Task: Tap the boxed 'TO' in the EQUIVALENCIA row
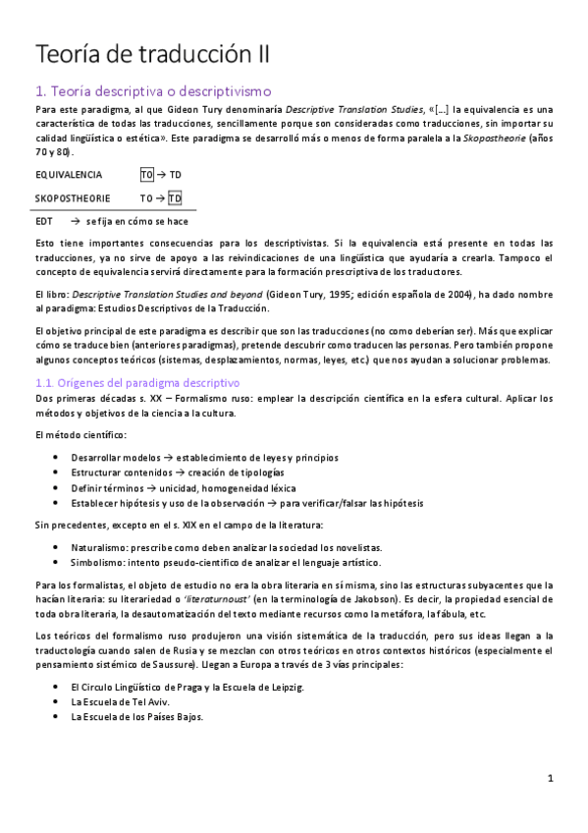pos(147,175)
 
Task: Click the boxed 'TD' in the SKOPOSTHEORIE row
pos(175,197)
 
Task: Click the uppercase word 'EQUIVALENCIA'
pos(68,175)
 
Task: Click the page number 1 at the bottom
pos(552,779)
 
